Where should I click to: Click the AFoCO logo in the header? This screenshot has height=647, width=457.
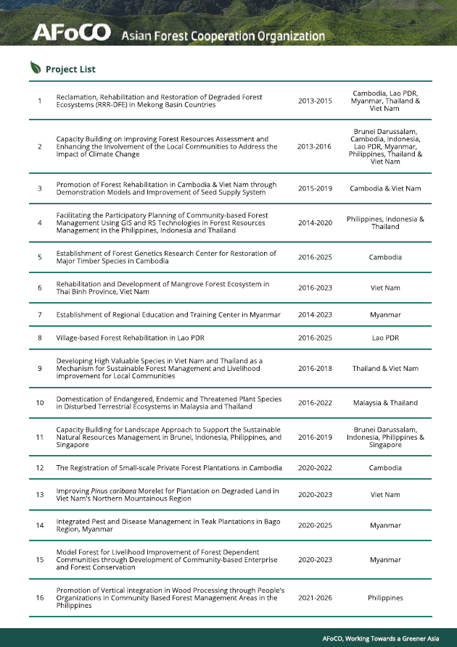(71, 33)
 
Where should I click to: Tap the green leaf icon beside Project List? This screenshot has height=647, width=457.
(36, 69)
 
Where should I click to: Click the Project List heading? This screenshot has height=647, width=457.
(70, 70)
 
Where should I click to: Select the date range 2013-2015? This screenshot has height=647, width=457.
(315, 101)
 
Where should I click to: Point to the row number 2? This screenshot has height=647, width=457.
(40, 146)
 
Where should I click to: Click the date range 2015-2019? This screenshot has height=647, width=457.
(315, 188)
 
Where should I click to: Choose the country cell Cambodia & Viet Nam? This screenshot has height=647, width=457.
(385, 188)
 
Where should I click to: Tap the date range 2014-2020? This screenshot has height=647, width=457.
(315, 222)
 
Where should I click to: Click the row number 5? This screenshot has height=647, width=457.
(40, 257)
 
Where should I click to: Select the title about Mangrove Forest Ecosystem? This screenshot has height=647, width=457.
(162, 288)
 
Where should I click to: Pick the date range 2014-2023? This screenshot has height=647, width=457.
(315, 314)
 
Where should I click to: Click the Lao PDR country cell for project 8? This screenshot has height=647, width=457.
(385, 338)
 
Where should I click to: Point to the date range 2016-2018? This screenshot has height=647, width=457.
(315, 368)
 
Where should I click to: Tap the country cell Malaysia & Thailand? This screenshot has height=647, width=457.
(385, 403)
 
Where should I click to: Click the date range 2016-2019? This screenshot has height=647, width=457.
(315, 437)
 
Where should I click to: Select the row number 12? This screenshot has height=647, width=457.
(40, 467)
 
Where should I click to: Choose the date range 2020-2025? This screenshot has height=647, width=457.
(315, 525)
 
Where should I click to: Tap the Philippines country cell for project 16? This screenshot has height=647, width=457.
(385, 598)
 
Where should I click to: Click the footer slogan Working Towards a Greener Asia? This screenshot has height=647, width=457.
(390, 638)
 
